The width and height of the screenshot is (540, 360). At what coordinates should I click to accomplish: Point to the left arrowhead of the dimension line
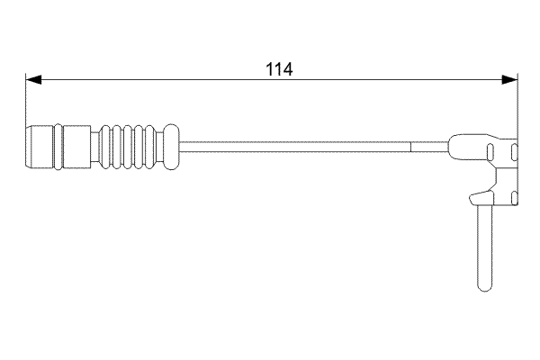coord(31,79)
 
